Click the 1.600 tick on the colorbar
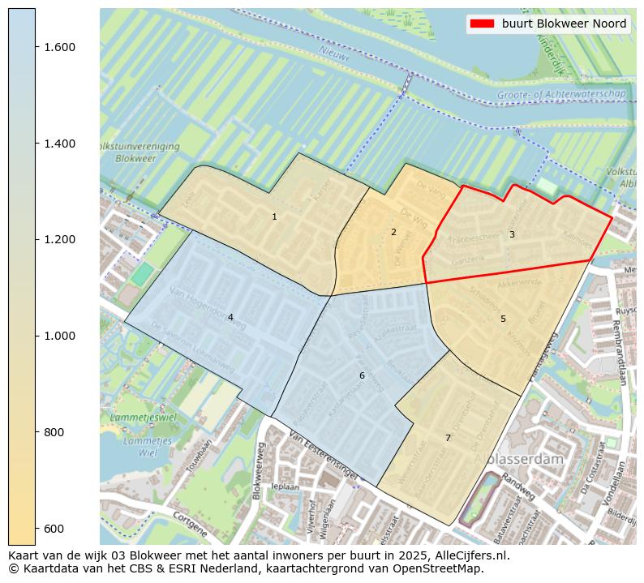click(60, 47)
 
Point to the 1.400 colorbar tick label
click(60, 144)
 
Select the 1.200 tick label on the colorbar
click(60, 239)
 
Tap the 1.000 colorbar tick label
click(60, 336)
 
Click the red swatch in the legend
click(481, 24)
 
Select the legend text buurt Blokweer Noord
click(564, 24)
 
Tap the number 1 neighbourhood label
click(274, 216)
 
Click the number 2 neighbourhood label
click(393, 232)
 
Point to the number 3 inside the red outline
click(512, 234)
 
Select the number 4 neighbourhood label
click(230, 317)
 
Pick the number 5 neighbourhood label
click(503, 319)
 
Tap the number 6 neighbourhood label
click(362, 375)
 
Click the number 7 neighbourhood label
click(448, 438)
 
